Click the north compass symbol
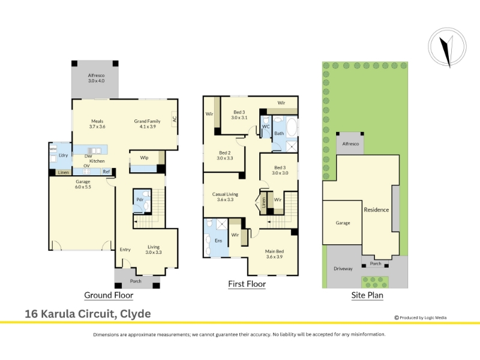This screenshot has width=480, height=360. (447, 47)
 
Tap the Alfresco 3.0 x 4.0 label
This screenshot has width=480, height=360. (96, 78)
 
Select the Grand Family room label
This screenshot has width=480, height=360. (147, 124)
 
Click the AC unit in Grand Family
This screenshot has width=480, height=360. (174, 119)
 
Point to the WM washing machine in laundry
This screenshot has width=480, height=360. (53, 149)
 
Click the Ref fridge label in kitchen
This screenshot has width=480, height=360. (106, 172)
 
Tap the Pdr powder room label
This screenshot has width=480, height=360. (140, 200)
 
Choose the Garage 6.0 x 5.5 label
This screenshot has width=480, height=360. (83, 184)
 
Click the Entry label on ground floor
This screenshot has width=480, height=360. (125, 250)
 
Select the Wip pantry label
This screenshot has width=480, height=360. (144, 158)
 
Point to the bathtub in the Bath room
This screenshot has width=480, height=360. (291, 127)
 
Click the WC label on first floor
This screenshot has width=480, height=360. (266, 127)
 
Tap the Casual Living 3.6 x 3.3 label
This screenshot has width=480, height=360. (225, 197)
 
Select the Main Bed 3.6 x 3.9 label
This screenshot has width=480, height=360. (274, 254)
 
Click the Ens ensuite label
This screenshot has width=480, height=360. (218, 241)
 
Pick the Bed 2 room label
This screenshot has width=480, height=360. (225, 155)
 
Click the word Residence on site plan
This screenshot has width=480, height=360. (376, 209)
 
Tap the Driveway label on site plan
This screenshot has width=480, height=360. (343, 269)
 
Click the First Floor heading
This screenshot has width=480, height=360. (247, 284)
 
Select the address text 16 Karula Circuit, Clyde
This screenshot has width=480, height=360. (88, 314)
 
